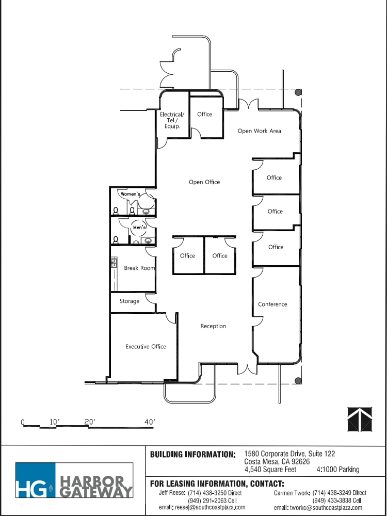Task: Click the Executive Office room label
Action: click(146, 347)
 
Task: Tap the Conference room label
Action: click(272, 304)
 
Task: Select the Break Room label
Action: click(139, 268)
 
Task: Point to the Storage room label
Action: click(130, 301)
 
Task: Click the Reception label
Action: click(213, 326)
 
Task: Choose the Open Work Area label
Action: click(259, 131)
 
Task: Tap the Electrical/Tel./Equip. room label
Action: click(171, 120)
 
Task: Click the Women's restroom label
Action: click(131, 194)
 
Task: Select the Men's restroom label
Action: click(139, 228)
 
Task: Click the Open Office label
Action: click(204, 182)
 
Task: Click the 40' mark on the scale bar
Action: click(150, 422)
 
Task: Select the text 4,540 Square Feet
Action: click(270, 470)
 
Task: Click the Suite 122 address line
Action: click(289, 454)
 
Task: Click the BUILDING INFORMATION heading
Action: click(192, 455)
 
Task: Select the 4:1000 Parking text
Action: click(338, 470)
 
